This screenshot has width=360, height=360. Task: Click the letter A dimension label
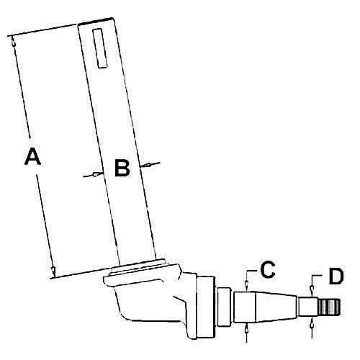pyautogui.click(x=32, y=156)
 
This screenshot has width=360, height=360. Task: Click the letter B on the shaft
pyautogui.click(x=122, y=168)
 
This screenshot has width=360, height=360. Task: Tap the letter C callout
pyautogui.click(x=268, y=269)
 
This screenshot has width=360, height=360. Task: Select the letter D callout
pyautogui.click(x=336, y=276)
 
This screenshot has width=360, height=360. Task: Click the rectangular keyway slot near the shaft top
pyautogui.click(x=100, y=48)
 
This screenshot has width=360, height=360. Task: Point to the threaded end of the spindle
pyautogui.click(x=329, y=307)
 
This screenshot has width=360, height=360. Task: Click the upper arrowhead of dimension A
pyautogui.click(x=13, y=42)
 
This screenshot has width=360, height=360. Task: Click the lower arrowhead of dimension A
pyautogui.click(x=54, y=271)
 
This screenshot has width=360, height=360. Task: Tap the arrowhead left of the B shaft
pyautogui.click(x=98, y=174)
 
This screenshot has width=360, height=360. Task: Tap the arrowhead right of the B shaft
pyautogui.click(x=145, y=165)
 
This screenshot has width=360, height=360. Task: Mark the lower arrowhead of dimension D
pyautogui.click(x=312, y=323)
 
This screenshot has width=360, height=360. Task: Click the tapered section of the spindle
pyautogui.click(x=276, y=307)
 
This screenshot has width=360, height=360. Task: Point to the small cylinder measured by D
pyautogui.click(x=308, y=307)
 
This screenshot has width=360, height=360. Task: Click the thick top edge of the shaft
pyautogui.click(x=96, y=21)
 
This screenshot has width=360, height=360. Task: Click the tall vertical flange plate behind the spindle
pyautogui.click(x=205, y=307)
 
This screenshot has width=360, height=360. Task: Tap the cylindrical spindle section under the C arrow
pyautogui.click(x=245, y=307)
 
